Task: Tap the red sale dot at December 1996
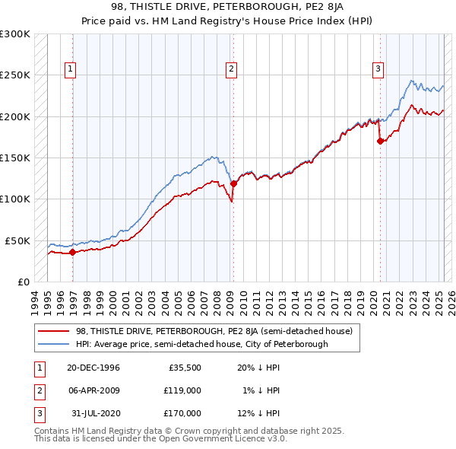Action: pos(72,252)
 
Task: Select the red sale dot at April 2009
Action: pos(233,183)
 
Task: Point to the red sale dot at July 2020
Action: pos(381,141)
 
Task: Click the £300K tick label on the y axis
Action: pos(15,34)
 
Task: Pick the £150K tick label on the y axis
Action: pos(15,158)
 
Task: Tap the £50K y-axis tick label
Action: pos(17,240)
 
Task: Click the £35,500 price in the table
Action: pos(184,368)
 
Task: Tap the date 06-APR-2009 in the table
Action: pos(93,390)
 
